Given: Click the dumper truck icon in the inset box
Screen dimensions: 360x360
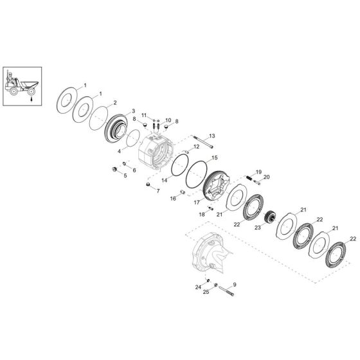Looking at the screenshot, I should coord(21,82).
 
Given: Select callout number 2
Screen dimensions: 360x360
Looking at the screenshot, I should coord(115,103).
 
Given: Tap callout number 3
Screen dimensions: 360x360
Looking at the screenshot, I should coord(133,111).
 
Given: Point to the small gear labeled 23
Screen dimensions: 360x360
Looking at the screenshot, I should coord(269,219).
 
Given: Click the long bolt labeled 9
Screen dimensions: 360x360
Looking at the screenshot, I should coord(226,293).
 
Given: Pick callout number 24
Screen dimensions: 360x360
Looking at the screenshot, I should coord(199,280).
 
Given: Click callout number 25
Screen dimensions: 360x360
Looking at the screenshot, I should coord(206,292).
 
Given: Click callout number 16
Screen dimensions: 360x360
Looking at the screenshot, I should coord(173,199).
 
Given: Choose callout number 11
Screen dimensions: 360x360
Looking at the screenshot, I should coord(145,114).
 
